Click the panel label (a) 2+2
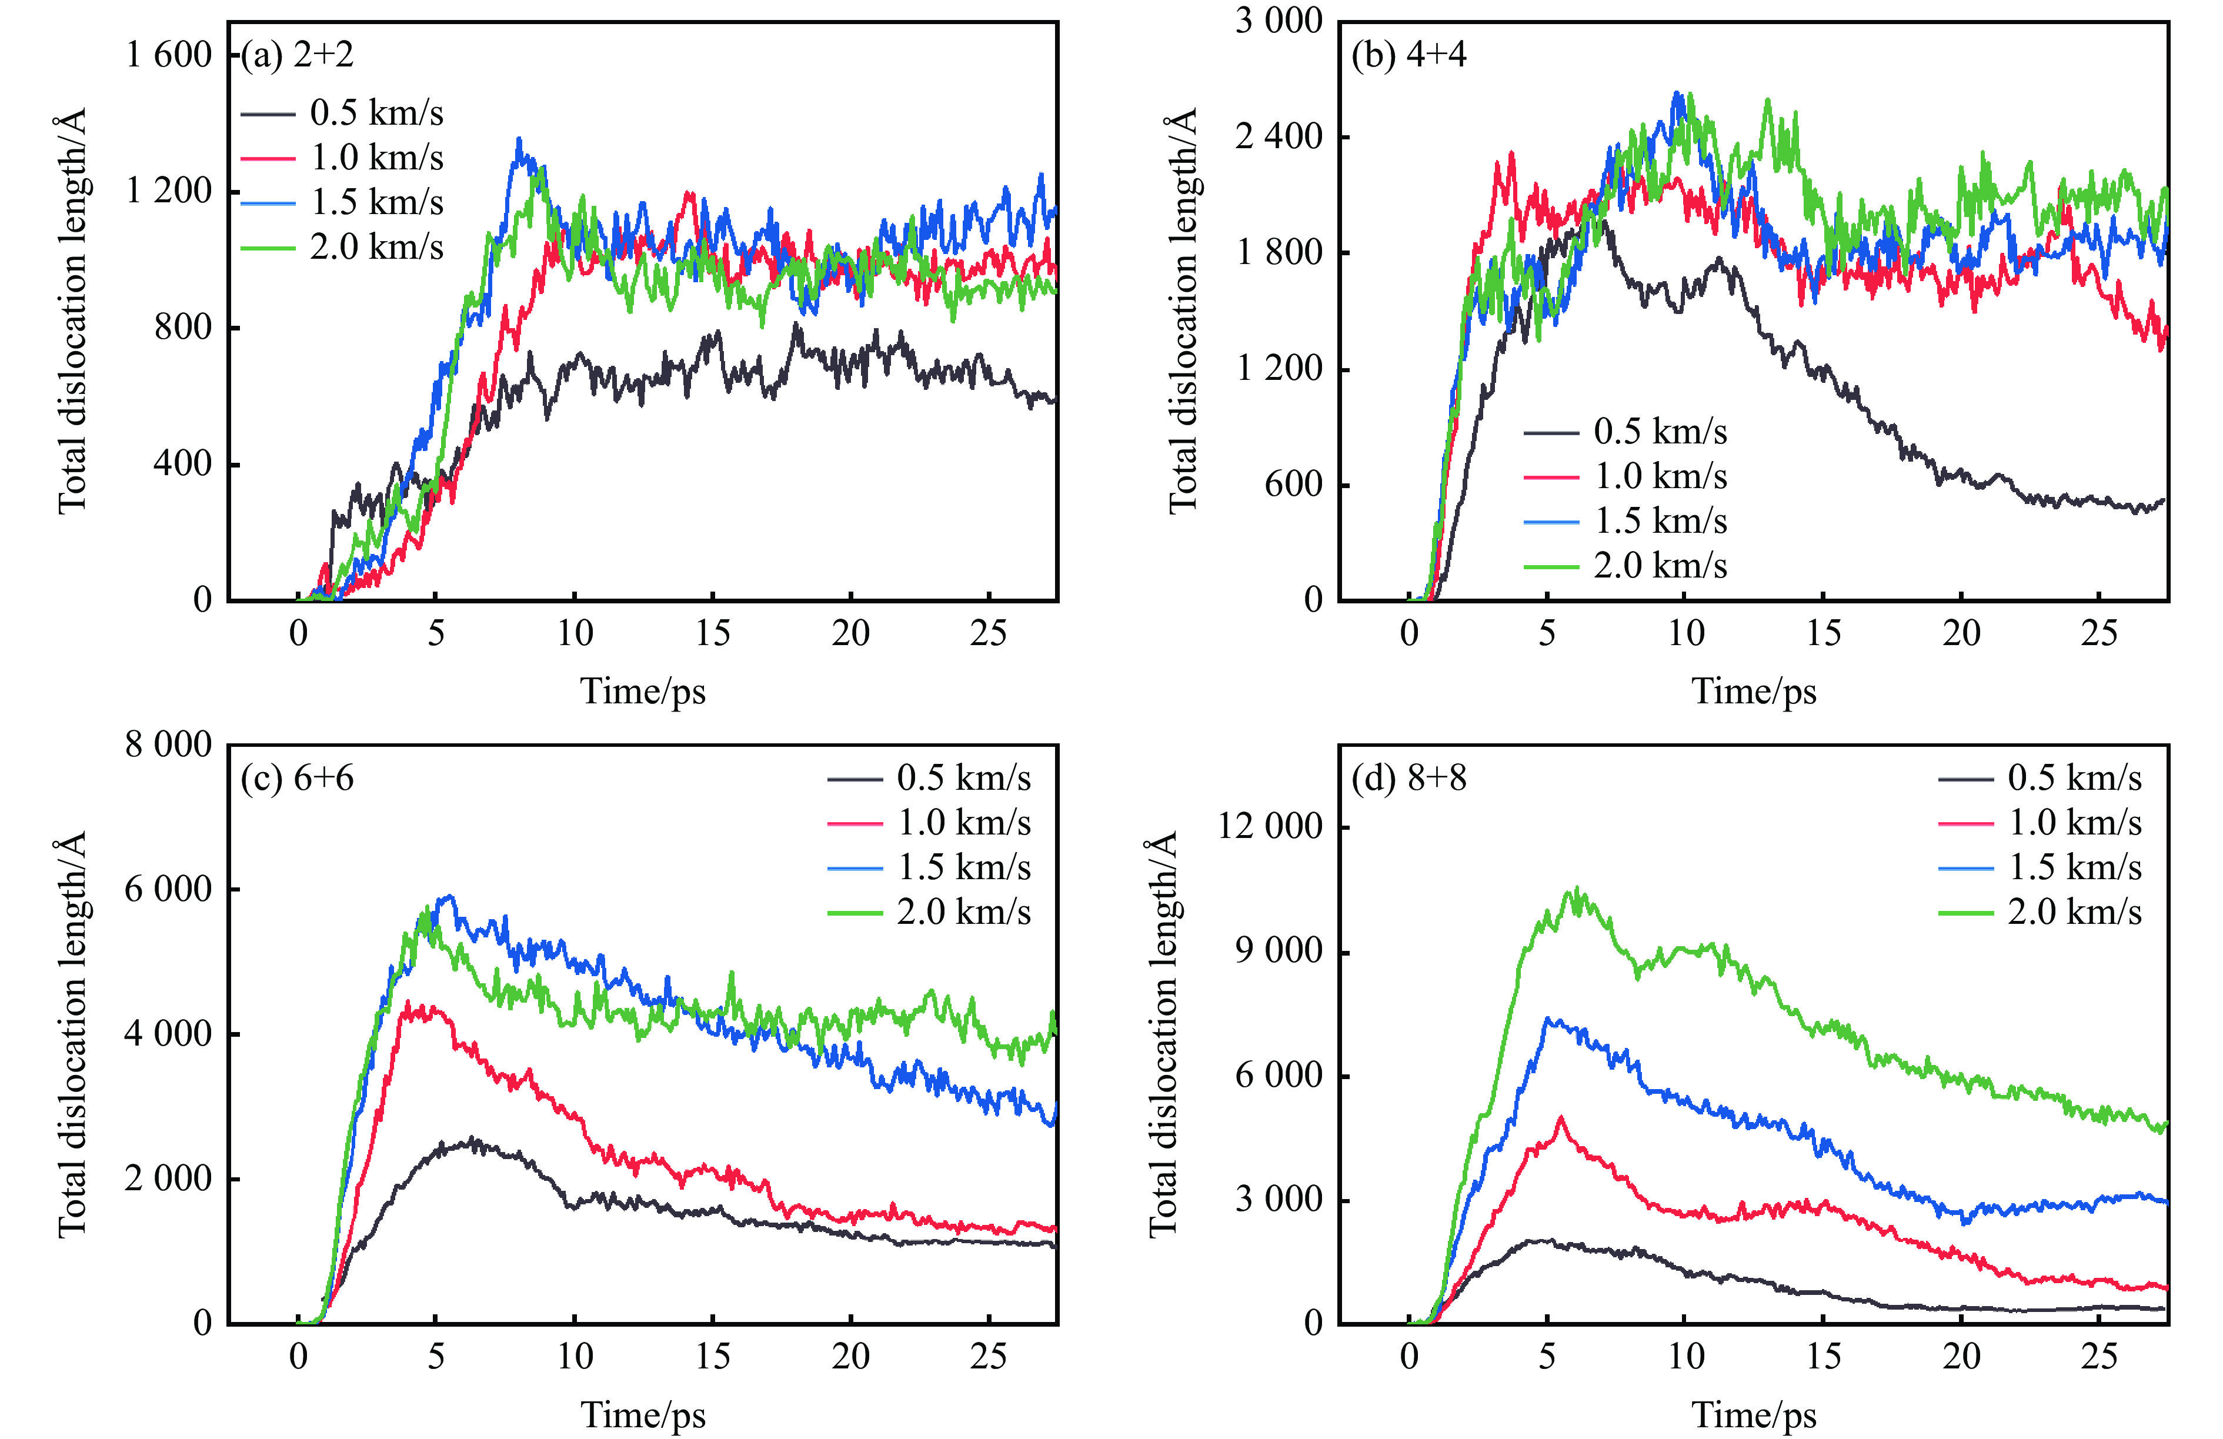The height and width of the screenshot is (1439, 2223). point(297,55)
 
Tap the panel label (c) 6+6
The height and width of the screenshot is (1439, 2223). point(297,778)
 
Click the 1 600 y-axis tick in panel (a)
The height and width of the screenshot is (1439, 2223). point(169,55)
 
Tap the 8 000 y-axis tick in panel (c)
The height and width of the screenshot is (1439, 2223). point(169,745)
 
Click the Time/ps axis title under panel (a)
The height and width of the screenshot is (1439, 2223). point(643,692)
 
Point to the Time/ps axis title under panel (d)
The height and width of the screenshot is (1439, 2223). point(1754,1415)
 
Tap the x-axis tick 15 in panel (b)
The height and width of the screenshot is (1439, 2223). point(1823,633)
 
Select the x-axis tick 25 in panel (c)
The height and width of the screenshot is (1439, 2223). point(988,1356)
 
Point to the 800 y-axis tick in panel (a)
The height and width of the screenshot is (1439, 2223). point(183,328)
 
